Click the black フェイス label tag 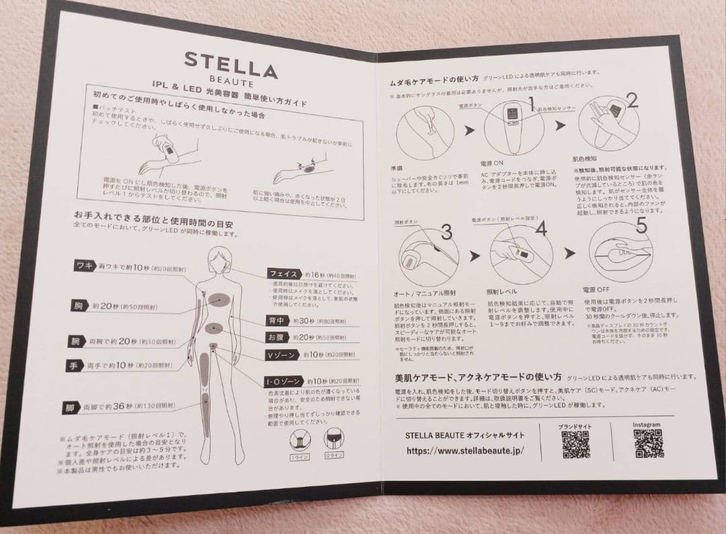point(282,274)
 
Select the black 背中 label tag point(277,321)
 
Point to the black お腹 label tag point(276,338)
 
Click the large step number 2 point(631,100)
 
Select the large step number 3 point(446,232)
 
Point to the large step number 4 point(541,228)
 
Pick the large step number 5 point(641,227)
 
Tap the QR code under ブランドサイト point(575,445)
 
